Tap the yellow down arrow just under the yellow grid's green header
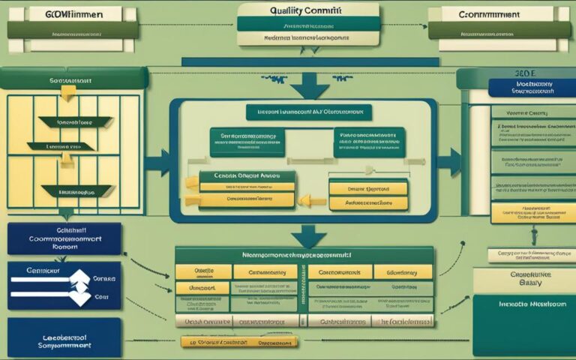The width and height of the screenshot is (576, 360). click(x=67, y=91)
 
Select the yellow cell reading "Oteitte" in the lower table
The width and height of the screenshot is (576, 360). click(x=203, y=271)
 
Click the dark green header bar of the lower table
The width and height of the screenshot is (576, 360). click(x=304, y=255)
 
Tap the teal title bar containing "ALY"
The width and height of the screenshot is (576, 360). click(x=309, y=112)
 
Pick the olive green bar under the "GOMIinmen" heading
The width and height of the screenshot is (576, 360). click(x=73, y=29)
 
